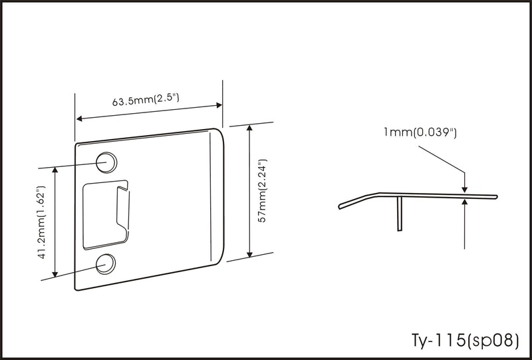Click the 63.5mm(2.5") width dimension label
point(146,100)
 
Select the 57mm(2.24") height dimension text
point(262,190)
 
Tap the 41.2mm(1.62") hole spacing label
point(41,222)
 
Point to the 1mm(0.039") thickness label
point(420,132)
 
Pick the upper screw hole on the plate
point(106,162)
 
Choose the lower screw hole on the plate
point(106,264)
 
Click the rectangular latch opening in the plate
point(106,215)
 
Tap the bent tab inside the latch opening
point(123,210)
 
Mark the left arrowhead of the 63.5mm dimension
point(79,118)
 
